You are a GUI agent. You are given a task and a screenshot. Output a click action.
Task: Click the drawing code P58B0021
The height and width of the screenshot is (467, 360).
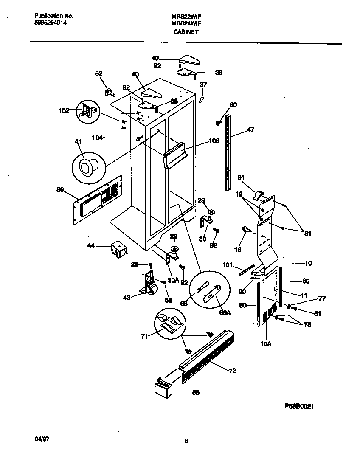[299, 406]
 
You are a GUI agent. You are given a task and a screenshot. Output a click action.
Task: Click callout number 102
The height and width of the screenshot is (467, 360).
[64, 111]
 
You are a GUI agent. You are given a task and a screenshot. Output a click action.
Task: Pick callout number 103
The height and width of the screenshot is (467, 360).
[214, 141]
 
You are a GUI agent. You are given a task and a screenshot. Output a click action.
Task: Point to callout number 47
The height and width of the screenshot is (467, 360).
[250, 130]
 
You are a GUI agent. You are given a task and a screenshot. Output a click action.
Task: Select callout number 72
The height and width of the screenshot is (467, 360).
[232, 371]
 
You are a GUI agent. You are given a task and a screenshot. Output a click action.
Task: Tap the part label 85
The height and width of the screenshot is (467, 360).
[196, 392]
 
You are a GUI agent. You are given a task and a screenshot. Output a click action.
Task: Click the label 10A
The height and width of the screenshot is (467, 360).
[266, 344]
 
